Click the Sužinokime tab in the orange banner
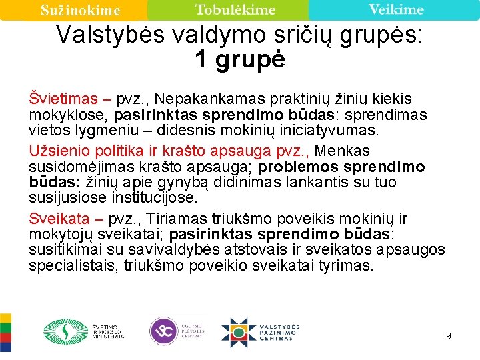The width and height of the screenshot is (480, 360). (x=80, y=10)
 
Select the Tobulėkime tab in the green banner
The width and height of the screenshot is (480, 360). (x=235, y=9)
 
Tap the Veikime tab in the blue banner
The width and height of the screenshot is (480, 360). (x=396, y=9)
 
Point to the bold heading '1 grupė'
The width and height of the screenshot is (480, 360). (x=240, y=59)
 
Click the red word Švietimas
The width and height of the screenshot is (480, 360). (x=63, y=99)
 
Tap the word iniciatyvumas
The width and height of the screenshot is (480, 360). (x=329, y=130)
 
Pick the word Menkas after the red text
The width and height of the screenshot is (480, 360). (x=342, y=151)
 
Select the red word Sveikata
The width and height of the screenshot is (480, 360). (x=59, y=219)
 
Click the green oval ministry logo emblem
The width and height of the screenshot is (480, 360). (x=65, y=332)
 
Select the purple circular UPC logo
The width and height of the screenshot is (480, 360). (x=164, y=331)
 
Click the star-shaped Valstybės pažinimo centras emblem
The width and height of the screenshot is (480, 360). (x=239, y=333)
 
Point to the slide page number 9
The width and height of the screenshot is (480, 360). (x=449, y=336)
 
